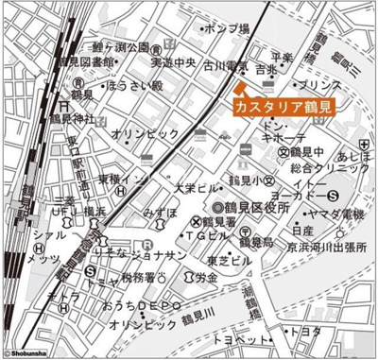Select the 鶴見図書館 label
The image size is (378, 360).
(x=86, y=62)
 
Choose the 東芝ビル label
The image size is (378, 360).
(x=231, y=259)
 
